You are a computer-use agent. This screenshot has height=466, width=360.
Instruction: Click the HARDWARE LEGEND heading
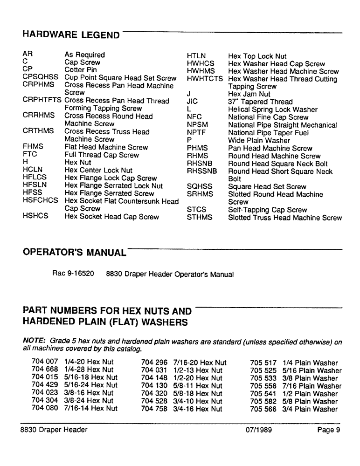[x=71, y=35]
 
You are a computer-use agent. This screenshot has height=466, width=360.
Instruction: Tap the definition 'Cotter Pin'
[x=81, y=70]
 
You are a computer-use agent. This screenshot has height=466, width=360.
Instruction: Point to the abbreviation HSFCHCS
[x=41, y=201]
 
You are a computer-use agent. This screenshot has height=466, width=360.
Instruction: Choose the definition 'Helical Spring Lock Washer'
[x=273, y=110]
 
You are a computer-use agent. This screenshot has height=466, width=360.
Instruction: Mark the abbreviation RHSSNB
[x=202, y=171]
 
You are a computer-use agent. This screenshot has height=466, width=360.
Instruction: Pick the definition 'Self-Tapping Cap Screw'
[x=268, y=210]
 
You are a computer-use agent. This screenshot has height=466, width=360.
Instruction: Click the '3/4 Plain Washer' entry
[x=310, y=409]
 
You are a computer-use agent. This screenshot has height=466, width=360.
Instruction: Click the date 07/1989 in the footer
[x=259, y=430]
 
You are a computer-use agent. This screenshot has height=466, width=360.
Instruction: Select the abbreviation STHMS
[x=200, y=217]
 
